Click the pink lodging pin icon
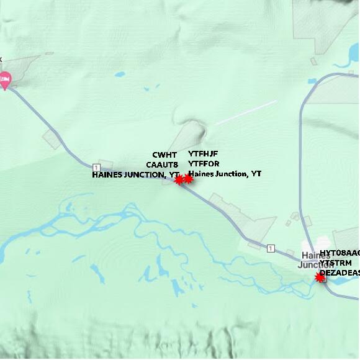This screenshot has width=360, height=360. [x=5, y=79]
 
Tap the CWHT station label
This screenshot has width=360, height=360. [x=164, y=155]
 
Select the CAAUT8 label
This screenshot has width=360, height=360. [x=162, y=164]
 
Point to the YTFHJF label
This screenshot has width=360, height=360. [x=203, y=154]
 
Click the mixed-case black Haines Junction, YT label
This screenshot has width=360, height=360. [x=225, y=174]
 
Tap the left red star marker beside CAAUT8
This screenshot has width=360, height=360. [x=179, y=180]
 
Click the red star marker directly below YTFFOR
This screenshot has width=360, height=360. [x=188, y=179]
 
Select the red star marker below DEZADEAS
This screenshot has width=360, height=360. [x=320, y=278]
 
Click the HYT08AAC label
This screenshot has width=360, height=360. [x=340, y=253]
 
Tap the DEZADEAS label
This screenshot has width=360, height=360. [x=340, y=272]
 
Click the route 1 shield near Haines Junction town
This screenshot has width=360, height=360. [x=271, y=248]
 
